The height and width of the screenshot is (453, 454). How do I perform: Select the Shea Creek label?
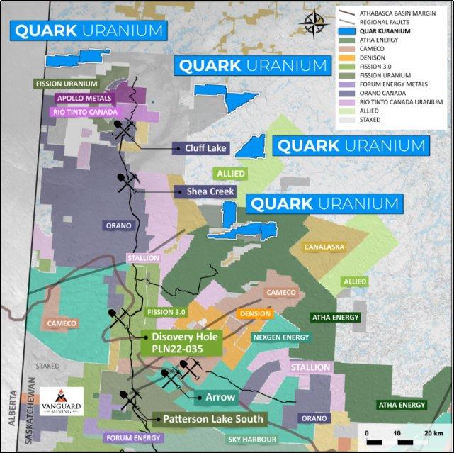(x=205, y=191)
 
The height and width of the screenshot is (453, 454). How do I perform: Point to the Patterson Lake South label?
(x=212, y=419)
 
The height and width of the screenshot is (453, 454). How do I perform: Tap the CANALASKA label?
(x=323, y=247)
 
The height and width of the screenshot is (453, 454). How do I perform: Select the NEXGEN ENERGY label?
(x=280, y=337)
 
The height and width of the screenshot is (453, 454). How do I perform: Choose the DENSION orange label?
(x=254, y=313)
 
